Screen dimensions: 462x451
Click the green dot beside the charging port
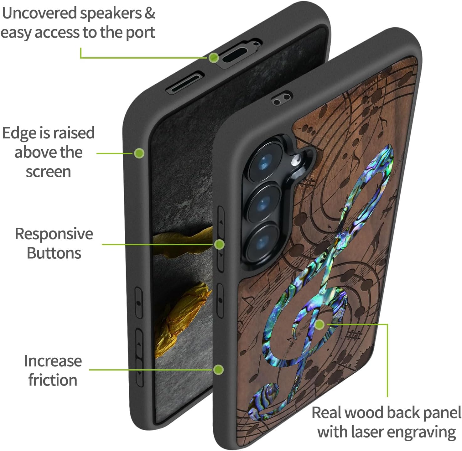click(214, 58)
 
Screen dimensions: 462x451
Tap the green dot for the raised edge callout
click(139, 153)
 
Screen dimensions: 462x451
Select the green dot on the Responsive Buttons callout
click(220, 244)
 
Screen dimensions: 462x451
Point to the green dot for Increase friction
click(218, 370)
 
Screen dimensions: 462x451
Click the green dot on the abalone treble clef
click(319, 324)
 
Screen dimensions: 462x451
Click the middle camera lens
click(262, 203)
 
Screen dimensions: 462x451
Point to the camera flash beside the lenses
click(295, 162)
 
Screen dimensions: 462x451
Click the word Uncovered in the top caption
click(39, 13)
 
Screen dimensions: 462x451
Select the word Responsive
click(54, 234)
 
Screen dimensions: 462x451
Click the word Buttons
click(54, 253)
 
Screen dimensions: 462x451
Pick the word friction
click(53, 380)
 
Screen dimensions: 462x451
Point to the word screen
click(48, 172)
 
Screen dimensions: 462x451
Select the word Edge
click(19, 133)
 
